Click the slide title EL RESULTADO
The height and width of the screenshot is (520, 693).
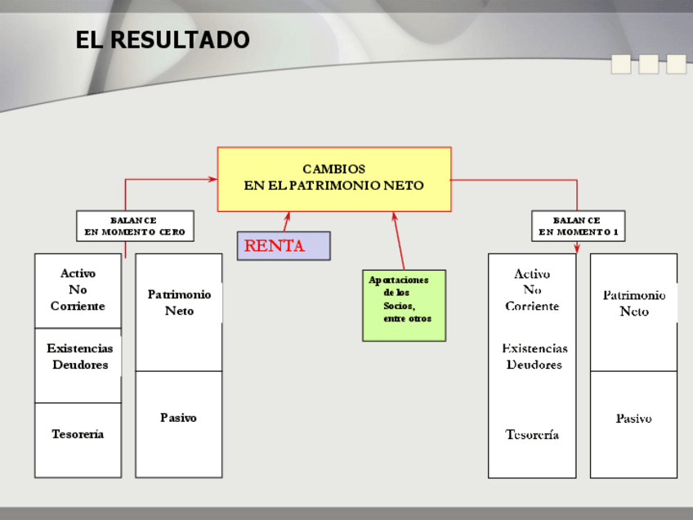tap(163, 39)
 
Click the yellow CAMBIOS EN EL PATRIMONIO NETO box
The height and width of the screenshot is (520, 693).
tap(333, 178)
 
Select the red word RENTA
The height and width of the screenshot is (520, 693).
tap(275, 246)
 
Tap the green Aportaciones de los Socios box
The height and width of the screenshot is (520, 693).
tap(404, 305)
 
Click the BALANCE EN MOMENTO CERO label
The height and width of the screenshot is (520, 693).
tap(135, 226)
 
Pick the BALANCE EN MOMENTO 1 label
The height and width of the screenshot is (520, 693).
tap(578, 226)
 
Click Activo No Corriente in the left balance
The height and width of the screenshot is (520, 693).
tap(78, 289)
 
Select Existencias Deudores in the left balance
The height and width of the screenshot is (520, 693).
tap(79, 356)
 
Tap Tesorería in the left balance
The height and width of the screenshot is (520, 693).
tap(78, 434)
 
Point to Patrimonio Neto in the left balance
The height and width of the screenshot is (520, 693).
tap(179, 303)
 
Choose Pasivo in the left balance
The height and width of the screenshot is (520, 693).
tap(178, 418)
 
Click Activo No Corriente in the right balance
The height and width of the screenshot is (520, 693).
tap(532, 290)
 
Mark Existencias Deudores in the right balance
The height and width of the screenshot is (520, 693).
tap(534, 356)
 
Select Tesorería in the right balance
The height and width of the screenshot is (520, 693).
tap(532, 435)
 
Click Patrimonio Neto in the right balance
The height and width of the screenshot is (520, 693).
tap(634, 303)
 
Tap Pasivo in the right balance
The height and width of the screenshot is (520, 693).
tap(633, 419)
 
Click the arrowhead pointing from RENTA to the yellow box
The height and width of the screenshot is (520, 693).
tap(287, 217)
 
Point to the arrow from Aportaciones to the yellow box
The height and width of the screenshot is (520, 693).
tap(399, 241)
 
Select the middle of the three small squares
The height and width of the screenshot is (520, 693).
tap(649, 64)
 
